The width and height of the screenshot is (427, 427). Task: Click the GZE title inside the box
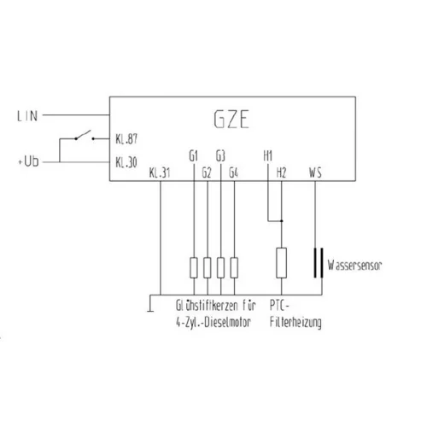(231, 120)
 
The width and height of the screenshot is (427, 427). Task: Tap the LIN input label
(27, 116)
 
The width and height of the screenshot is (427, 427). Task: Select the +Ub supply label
(28, 161)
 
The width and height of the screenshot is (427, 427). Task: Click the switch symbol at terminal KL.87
(85, 136)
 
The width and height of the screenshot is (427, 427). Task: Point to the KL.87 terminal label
(126, 139)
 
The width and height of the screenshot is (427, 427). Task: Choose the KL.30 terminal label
(126, 162)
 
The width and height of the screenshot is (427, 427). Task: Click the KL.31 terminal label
(160, 173)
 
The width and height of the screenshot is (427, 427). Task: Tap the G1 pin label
(194, 156)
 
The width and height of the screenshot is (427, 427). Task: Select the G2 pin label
(207, 173)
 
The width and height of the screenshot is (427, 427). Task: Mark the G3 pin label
(220, 156)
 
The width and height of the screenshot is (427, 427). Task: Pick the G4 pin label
(234, 173)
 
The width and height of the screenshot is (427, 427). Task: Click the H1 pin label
(268, 156)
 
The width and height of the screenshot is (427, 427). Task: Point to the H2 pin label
(281, 173)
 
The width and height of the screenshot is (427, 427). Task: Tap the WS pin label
(315, 173)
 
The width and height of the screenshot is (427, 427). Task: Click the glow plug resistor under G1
(194, 267)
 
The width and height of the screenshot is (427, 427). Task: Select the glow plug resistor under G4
(234, 267)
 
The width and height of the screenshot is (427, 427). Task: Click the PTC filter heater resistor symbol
(282, 263)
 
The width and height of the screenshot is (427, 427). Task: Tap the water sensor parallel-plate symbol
(319, 263)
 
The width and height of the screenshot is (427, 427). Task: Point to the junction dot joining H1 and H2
(282, 221)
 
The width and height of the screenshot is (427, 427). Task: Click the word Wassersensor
(354, 266)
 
